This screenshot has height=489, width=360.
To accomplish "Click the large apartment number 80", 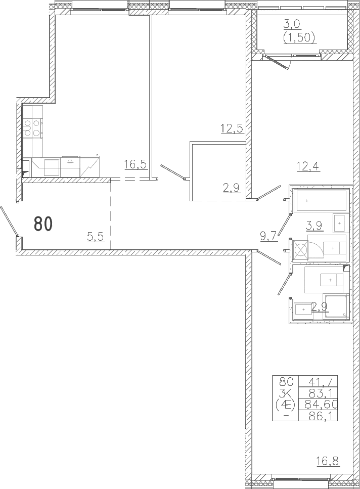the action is [42, 224].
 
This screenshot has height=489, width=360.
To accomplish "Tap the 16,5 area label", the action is [136, 164].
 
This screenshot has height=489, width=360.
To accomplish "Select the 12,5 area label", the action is [232, 128].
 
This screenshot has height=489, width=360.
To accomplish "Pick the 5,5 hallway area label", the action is [96, 237].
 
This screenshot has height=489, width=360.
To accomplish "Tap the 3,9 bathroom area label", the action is [315, 225].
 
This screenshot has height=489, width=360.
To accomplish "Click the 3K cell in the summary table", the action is [285, 393].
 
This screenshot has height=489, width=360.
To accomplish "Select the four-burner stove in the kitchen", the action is [32, 128].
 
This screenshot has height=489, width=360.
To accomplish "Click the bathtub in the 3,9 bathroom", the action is [322, 201].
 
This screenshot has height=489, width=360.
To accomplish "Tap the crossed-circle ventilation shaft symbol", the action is [301, 250].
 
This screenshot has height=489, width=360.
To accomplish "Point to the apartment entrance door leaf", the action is [9, 221].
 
